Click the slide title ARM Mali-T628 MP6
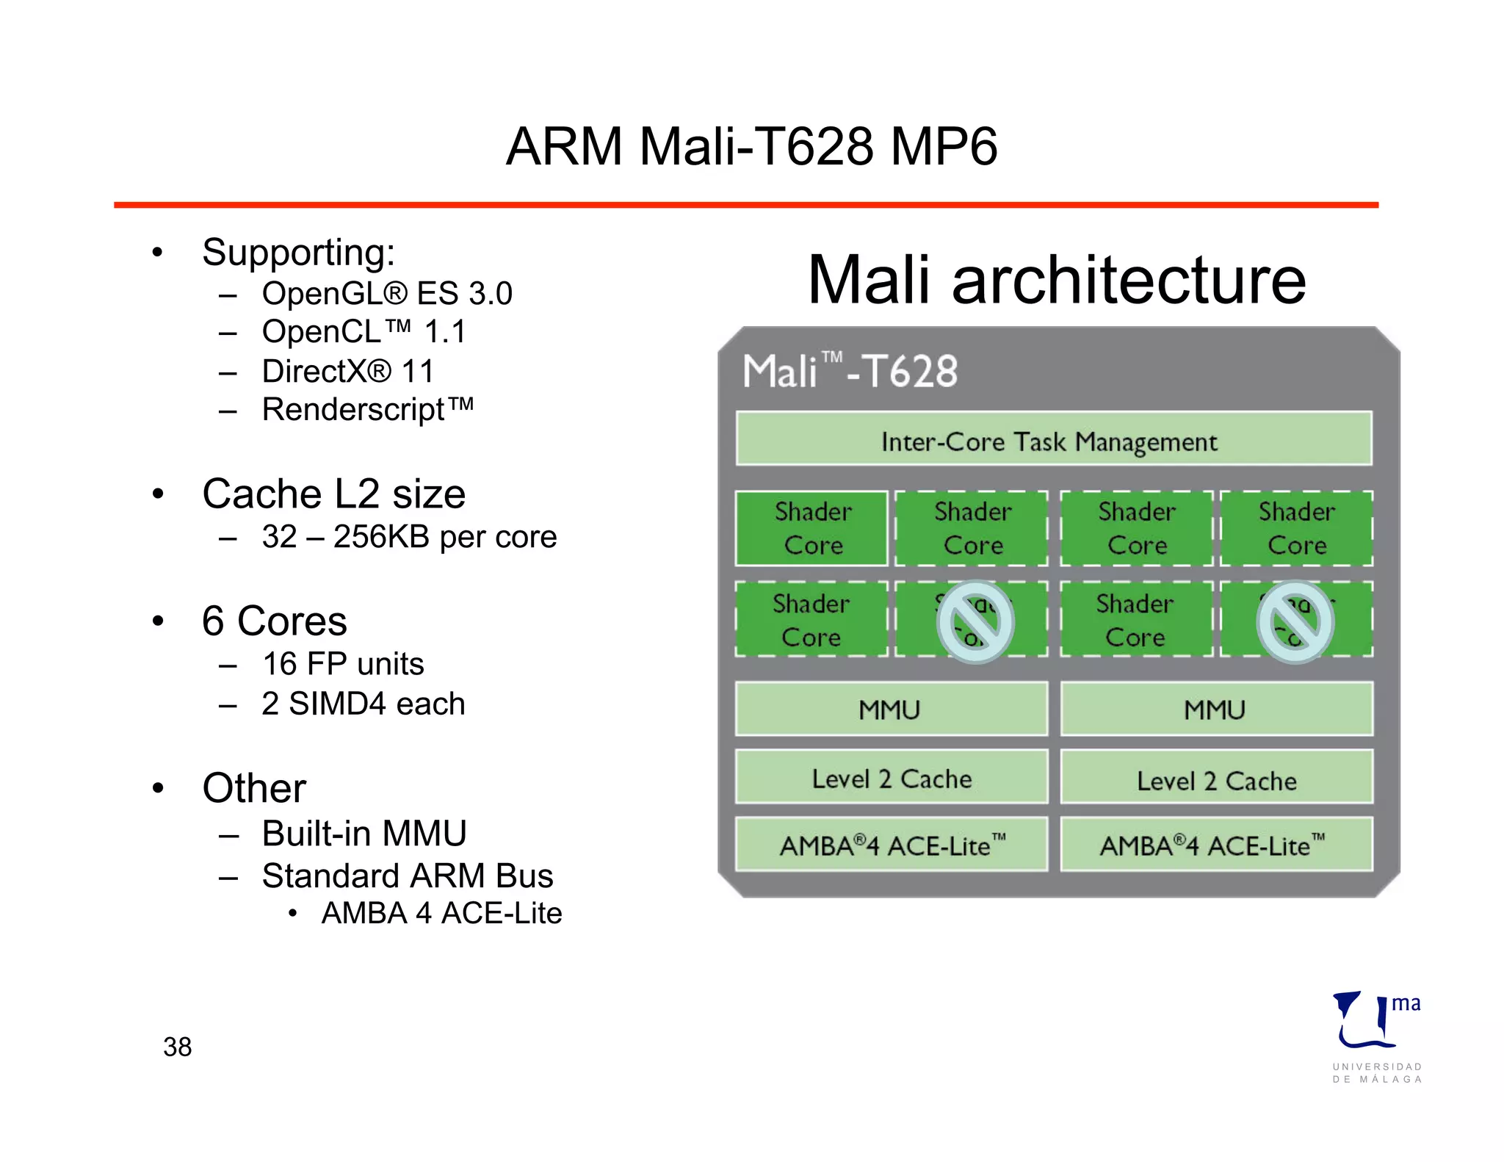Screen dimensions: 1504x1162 click(751, 146)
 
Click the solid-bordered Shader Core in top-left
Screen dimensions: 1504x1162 click(812, 528)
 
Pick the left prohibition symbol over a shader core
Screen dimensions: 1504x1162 click(975, 621)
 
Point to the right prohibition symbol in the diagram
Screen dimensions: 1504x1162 click(1295, 621)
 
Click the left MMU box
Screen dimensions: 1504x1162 click(891, 709)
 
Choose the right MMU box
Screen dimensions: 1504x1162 click(1216, 709)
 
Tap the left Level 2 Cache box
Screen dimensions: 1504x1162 click(891, 777)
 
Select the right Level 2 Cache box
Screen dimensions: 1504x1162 click(1216, 779)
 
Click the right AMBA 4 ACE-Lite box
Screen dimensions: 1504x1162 click(1216, 845)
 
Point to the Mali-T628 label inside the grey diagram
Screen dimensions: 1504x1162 click(850, 371)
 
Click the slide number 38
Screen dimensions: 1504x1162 click(177, 1047)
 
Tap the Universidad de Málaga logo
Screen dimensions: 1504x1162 click(1376, 1036)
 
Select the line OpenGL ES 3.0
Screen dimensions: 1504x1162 click(386, 294)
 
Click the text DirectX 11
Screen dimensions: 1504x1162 click(347, 371)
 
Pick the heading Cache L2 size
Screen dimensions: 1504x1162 click(333, 494)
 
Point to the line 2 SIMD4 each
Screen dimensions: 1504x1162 click(363, 704)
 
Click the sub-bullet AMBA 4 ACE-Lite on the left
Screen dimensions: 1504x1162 click(441, 913)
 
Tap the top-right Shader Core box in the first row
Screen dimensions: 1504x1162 click(1296, 528)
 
